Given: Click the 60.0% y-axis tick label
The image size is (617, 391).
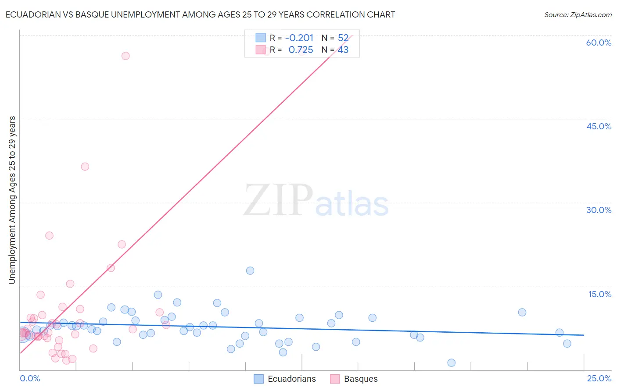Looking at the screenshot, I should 599,43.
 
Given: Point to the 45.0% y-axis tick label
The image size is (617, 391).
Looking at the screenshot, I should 599,126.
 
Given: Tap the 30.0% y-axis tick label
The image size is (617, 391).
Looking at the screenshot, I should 599,210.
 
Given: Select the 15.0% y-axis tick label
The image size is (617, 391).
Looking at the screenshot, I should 599,294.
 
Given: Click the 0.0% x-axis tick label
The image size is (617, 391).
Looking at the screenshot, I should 30,378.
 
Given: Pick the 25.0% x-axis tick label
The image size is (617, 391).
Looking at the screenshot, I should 599,378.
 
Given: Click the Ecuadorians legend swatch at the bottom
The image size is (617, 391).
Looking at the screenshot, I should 259,379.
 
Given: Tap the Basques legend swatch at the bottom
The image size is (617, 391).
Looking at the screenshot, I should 335,379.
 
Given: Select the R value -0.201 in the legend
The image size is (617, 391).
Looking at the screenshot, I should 299,38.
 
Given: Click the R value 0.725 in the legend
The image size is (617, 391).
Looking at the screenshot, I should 301,50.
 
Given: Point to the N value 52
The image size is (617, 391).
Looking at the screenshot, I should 343,38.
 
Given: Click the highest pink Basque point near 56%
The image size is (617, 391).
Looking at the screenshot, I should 126,56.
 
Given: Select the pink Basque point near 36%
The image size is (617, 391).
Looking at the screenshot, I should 85,167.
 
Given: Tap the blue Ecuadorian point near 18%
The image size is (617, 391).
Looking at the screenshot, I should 250,270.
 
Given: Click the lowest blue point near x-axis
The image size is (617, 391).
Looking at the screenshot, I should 451,363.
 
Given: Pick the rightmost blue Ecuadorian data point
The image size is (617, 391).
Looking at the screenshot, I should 567,343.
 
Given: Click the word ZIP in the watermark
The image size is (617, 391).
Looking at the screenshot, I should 278,200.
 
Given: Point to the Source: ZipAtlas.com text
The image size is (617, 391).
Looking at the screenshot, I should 578,14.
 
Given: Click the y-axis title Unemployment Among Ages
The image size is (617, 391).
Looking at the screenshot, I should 12,199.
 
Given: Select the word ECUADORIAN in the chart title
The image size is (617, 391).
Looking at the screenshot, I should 32,14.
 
